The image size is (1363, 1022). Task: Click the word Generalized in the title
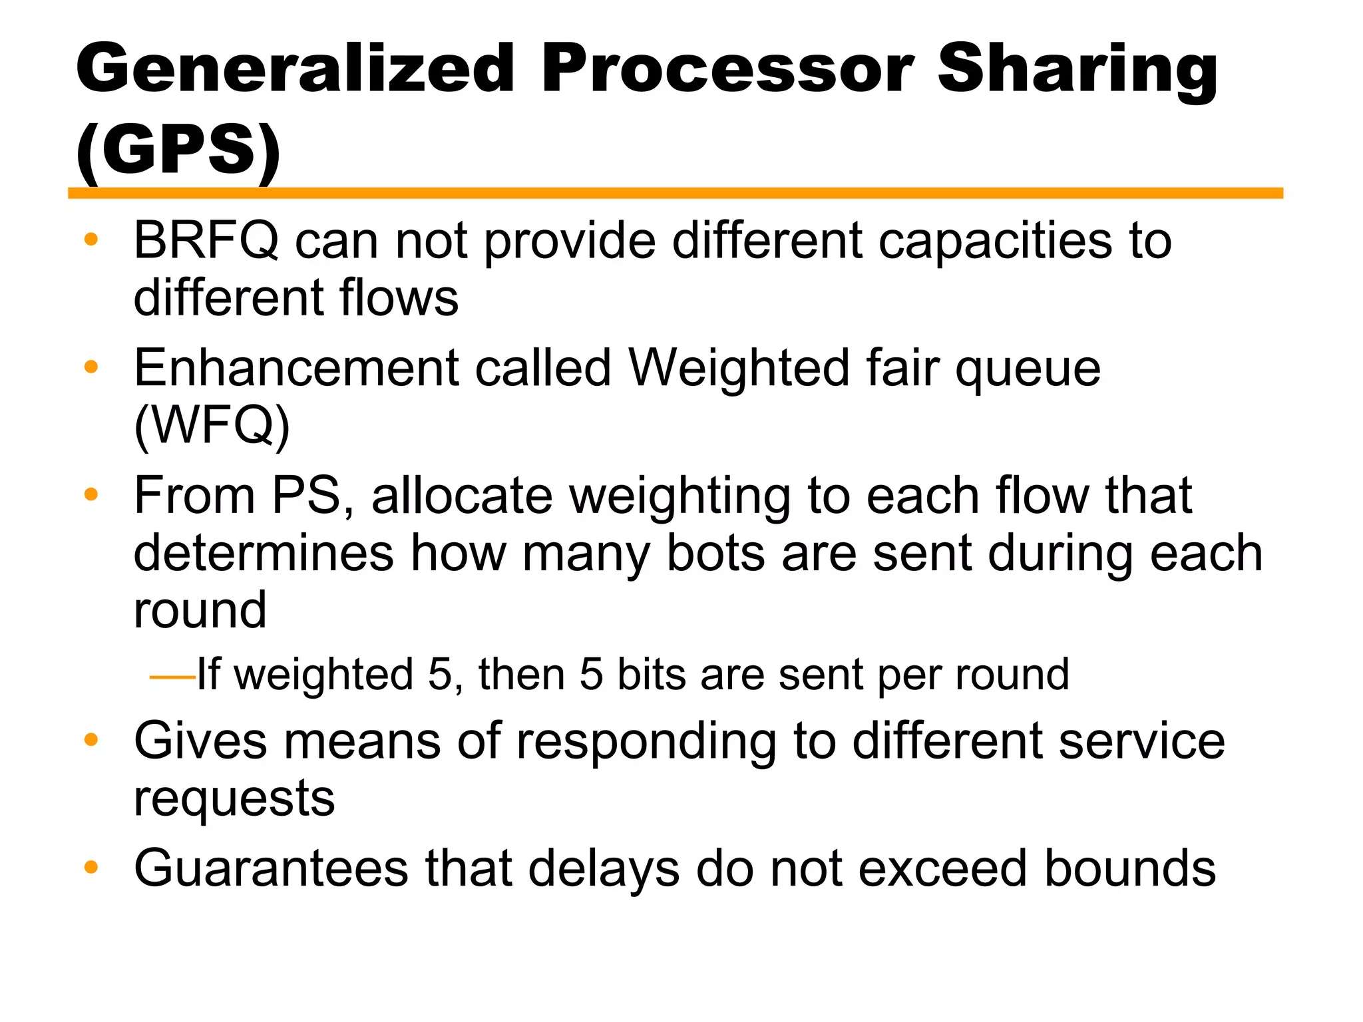[295, 68]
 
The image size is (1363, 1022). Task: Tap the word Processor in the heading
[727, 68]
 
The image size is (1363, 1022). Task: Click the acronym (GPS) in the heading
[178, 150]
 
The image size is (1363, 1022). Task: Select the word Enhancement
[296, 368]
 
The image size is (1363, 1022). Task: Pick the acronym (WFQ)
[212, 426]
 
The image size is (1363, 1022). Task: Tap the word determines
[264, 554]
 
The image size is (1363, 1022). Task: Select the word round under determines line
[200, 610]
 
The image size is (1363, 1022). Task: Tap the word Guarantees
[271, 869]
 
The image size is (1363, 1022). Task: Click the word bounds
[1129, 869]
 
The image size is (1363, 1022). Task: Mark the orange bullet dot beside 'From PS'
[91, 494]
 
